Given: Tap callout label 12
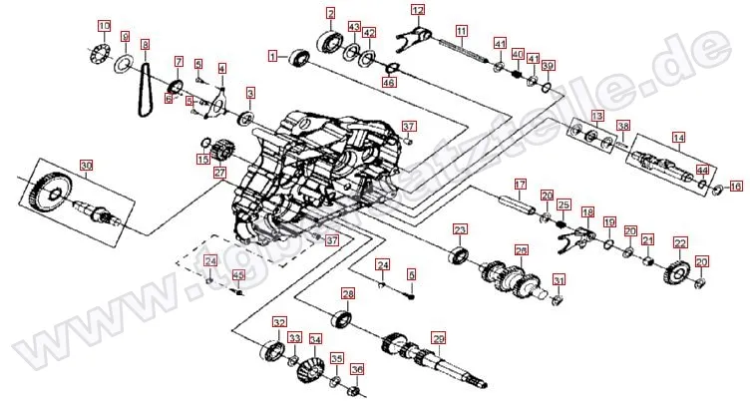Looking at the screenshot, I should click(418, 11).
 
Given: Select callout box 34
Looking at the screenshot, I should click(315, 339).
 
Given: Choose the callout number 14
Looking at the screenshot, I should click(678, 138).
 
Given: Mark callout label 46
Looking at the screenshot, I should click(389, 83).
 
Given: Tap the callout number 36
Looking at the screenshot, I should click(356, 369).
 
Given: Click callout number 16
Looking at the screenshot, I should click(736, 187).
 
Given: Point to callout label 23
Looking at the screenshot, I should click(460, 229).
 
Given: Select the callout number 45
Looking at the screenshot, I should click(237, 276).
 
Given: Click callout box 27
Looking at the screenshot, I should click(220, 172).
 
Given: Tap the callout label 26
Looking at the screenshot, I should click(521, 250).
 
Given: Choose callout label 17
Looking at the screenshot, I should click(520, 185).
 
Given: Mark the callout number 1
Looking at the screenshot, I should click(271, 57).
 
